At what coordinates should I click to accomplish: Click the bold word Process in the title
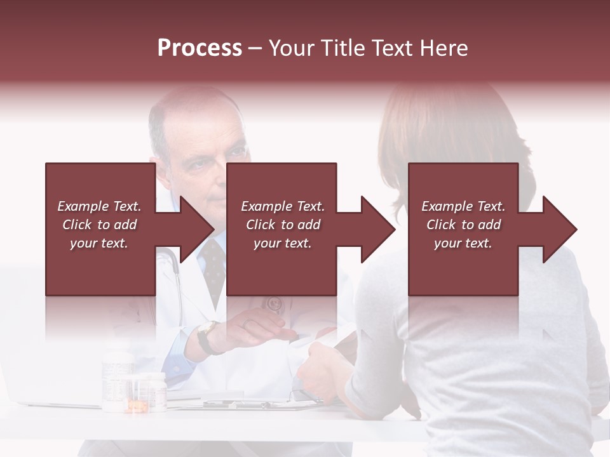point(200,48)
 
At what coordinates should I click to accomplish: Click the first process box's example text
point(100,225)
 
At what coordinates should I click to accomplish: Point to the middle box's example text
point(283,225)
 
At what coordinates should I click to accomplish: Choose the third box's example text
point(463,225)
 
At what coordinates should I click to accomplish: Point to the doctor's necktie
point(213,267)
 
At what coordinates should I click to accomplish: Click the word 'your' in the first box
point(83,243)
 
